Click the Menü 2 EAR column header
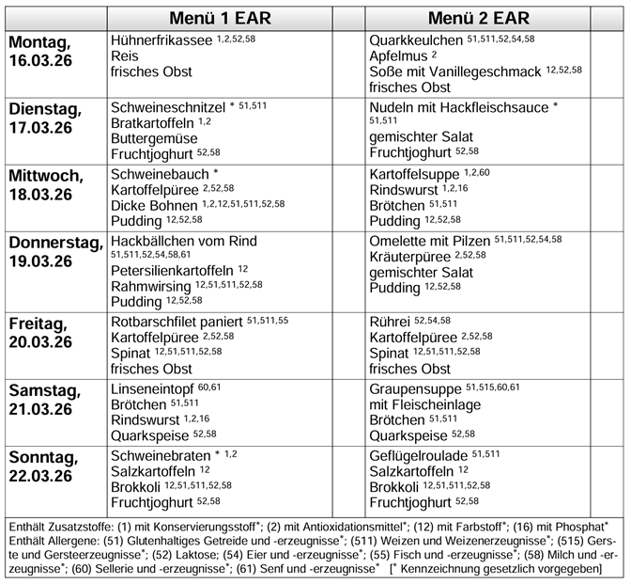478,19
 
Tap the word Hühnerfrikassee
162,41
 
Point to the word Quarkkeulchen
416,41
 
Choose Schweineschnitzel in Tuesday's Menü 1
168,107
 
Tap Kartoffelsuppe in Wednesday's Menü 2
414,174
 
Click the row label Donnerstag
56,243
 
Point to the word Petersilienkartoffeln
172,270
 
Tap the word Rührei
390,322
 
